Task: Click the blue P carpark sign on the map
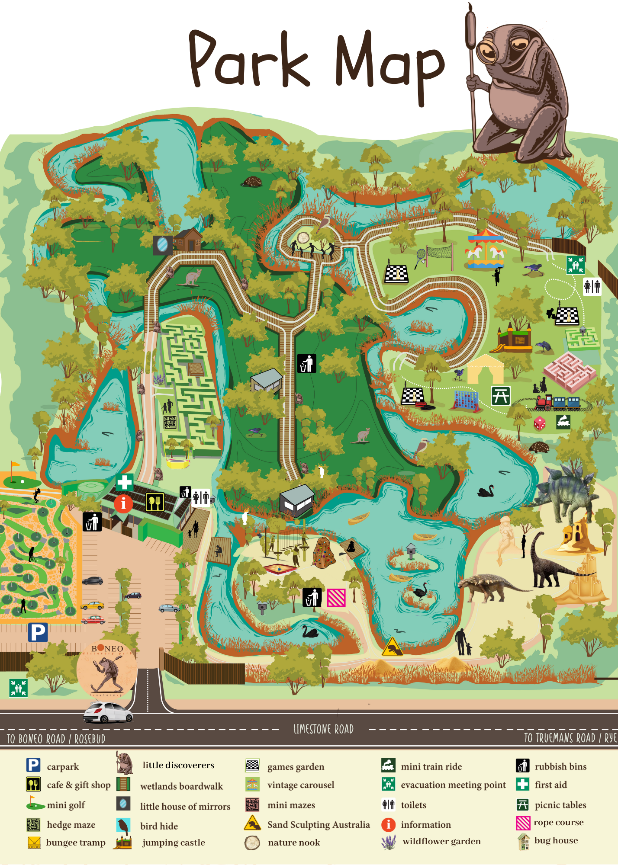tap(38, 632)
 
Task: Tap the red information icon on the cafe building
tap(123, 503)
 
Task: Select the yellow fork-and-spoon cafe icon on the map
tap(154, 502)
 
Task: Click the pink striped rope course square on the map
tap(336, 598)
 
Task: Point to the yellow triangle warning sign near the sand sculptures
tap(393, 647)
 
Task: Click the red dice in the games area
tap(539, 423)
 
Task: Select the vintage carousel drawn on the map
tap(485, 250)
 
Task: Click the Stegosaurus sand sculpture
tap(563, 493)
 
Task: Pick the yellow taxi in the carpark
tap(92, 605)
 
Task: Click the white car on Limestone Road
tap(108, 712)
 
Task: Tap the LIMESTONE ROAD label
tap(323, 729)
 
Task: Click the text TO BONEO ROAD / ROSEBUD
tap(56, 739)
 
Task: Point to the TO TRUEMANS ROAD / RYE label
tap(570, 738)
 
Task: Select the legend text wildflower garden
tap(441, 841)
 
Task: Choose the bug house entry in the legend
tap(556, 840)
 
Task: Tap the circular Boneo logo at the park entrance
tap(107, 669)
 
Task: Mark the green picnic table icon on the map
tap(501, 396)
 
